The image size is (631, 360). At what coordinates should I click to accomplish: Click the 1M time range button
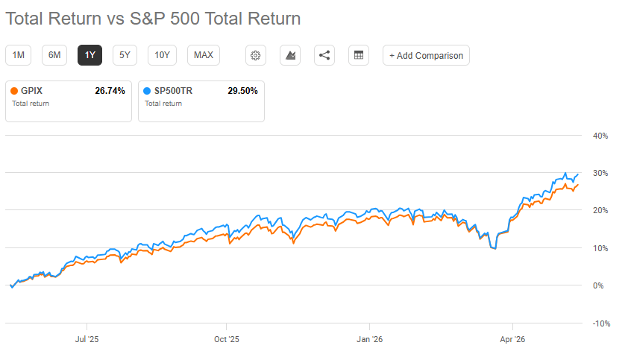(18, 55)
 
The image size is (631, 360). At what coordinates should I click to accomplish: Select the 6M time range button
(54, 55)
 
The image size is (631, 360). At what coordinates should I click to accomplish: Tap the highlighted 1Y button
(90, 55)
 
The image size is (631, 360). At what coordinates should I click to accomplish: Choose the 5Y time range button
(125, 55)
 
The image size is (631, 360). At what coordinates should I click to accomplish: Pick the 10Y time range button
(162, 55)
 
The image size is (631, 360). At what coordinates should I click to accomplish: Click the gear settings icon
(256, 55)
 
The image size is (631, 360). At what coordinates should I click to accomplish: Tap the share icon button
(324, 55)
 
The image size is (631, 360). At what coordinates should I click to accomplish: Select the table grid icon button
(359, 55)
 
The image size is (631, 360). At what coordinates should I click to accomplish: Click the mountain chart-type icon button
(290, 55)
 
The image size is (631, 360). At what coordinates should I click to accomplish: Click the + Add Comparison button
(426, 55)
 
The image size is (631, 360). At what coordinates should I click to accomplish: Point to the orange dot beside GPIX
(14, 91)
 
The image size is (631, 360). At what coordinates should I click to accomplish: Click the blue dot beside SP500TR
(147, 91)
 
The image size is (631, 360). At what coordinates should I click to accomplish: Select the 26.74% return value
(110, 91)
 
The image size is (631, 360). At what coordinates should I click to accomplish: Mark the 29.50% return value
(242, 91)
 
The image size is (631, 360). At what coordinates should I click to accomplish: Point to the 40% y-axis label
(600, 136)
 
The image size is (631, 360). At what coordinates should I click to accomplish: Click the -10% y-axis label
(601, 323)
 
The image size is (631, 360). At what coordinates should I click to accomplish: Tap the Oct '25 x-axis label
(227, 339)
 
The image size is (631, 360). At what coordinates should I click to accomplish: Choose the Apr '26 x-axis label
(512, 339)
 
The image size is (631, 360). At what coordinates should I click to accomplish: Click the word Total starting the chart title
(25, 19)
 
